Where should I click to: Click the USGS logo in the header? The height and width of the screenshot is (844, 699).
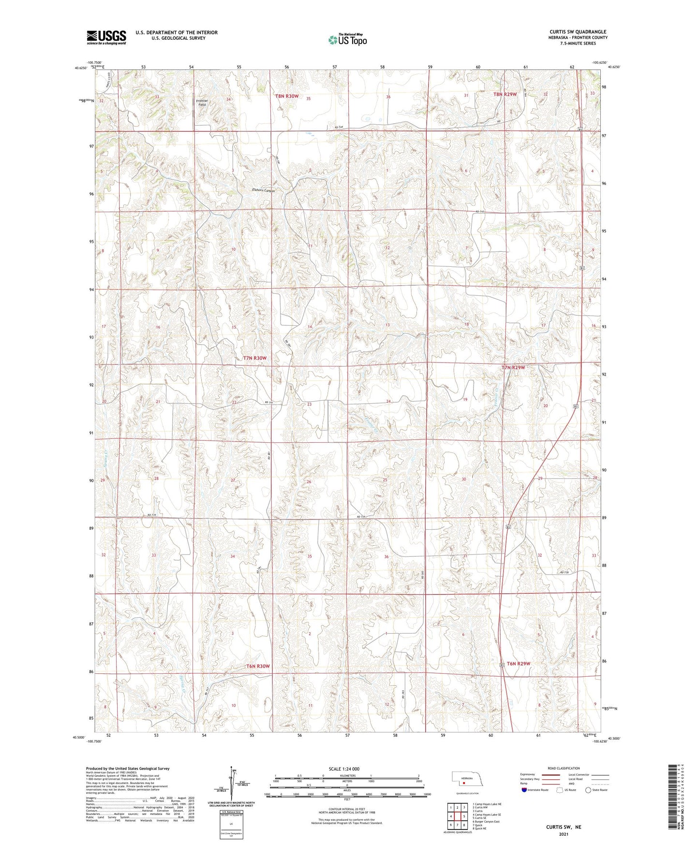(106, 37)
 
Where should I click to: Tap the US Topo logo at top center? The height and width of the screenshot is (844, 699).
(347, 40)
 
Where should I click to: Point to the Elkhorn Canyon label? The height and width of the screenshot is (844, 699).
(263, 190)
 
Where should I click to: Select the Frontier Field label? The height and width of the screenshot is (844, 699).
(202, 102)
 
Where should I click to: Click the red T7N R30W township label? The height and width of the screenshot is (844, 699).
(254, 358)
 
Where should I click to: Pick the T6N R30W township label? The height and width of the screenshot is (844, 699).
(257, 666)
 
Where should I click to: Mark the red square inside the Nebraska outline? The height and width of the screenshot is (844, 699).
(463, 784)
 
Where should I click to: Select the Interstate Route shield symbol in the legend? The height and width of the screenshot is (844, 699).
(524, 790)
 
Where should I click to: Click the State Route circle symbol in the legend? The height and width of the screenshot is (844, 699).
(588, 790)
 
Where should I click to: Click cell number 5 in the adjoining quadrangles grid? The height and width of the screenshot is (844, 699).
(464, 816)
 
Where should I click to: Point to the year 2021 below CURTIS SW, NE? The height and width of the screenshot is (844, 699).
(564, 834)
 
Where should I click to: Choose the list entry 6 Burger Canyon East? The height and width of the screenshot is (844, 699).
(486, 821)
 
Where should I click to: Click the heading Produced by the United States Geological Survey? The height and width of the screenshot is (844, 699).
(128, 768)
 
